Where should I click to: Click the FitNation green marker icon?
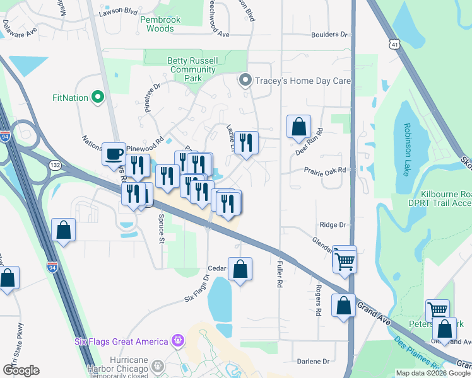click(x=97, y=98)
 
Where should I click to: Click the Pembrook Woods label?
click(x=160, y=24)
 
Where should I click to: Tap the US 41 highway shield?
click(x=394, y=45)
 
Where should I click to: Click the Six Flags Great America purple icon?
click(x=179, y=341)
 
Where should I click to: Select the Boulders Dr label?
click(x=329, y=36)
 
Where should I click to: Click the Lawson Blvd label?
click(x=119, y=11)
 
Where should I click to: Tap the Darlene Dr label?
click(x=314, y=362)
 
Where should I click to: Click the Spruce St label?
click(x=162, y=230)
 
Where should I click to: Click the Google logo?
click(x=21, y=370)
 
